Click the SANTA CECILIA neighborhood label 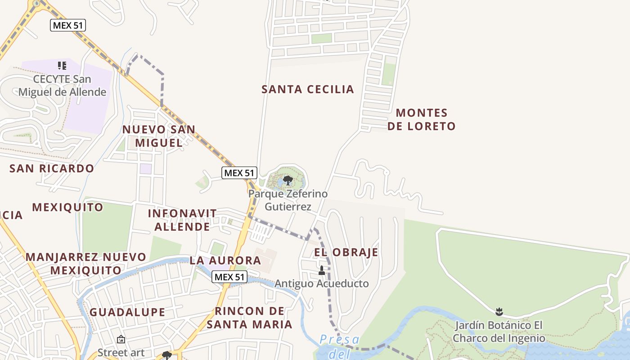(x=308, y=89)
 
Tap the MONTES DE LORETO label (x=422, y=119)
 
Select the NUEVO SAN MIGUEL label (x=159, y=136)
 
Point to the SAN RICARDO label (x=52, y=168)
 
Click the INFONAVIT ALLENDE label (x=182, y=220)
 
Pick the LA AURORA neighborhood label (x=225, y=260)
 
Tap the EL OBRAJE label (x=346, y=252)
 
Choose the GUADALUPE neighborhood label (x=127, y=312)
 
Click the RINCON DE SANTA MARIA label (x=249, y=317)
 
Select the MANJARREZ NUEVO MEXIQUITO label (x=85, y=264)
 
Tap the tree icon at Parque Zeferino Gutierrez (x=288, y=180)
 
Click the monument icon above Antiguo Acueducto (x=321, y=270)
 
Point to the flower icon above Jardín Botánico (x=499, y=311)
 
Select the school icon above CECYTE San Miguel (x=62, y=66)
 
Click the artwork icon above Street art (x=121, y=339)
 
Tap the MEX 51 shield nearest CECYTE (x=67, y=25)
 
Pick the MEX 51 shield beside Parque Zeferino (x=239, y=172)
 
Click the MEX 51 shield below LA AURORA (x=229, y=277)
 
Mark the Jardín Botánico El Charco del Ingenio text (x=499, y=332)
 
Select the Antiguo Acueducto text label (x=321, y=283)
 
